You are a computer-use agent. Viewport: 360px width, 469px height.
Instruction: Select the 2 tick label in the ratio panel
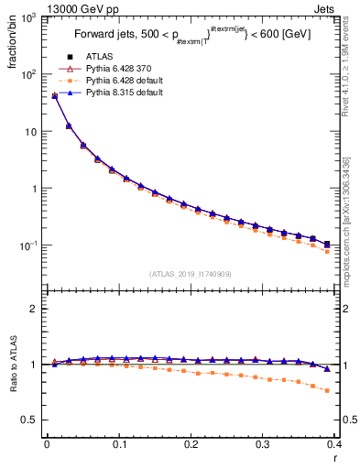click(x=32, y=309)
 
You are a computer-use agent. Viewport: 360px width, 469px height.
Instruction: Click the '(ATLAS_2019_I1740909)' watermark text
click(x=190, y=274)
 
